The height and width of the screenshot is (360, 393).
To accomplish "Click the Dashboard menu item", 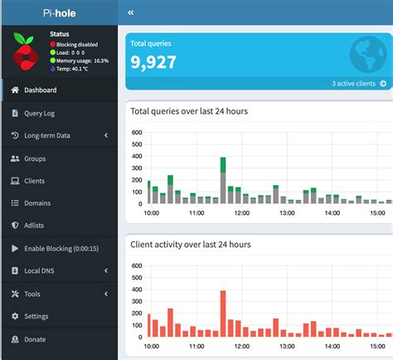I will click(40, 90).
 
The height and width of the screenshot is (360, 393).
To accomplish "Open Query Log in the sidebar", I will click(41, 113).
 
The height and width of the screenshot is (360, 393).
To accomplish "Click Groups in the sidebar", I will click(35, 158).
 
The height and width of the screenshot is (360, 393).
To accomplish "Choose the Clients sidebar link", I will click(35, 181).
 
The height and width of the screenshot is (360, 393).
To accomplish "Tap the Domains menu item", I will click(37, 203).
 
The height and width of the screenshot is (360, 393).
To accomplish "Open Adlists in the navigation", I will click(36, 226).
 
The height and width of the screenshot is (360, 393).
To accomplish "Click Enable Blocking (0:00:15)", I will click(61, 248).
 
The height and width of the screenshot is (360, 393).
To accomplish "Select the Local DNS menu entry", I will click(41, 270).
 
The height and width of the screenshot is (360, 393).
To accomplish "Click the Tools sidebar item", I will click(32, 294).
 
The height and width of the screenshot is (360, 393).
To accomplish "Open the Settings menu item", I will click(36, 316).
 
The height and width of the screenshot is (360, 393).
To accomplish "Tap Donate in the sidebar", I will click(35, 338).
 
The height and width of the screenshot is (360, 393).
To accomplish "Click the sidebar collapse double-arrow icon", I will click(131, 13).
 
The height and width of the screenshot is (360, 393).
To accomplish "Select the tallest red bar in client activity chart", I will click(223, 314).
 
